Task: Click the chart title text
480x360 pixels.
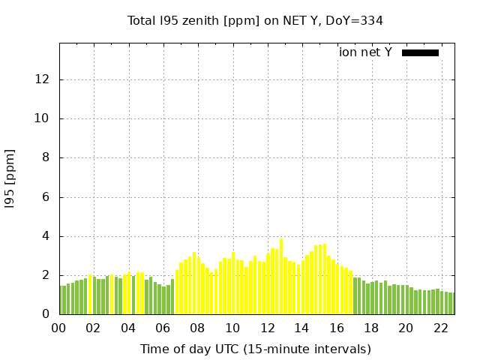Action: (255, 20)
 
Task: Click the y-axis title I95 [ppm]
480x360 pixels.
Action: (10, 178)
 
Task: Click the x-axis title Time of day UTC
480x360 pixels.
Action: (255, 349)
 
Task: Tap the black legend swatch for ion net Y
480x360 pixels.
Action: (420, 52)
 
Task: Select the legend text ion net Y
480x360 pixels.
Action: (365, 52)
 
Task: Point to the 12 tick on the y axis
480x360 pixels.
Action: (44, 79)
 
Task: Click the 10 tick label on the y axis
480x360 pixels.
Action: (44, 118)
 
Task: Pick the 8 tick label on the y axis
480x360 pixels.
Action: (47, 158)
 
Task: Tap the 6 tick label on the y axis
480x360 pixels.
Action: (47, 197)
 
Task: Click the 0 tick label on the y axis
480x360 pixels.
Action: (47, 315)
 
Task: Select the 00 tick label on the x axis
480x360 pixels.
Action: (58, 328)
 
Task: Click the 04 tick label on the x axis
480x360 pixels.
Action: (128, 328)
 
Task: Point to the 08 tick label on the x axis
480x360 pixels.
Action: (197, 328)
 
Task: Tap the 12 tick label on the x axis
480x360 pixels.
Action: (267, 328)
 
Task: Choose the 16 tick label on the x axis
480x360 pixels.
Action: (336, 328)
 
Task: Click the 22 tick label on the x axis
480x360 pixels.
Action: (440, 328)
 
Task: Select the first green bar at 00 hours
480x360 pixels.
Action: (61, 300)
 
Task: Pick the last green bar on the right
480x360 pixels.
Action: (451, 304)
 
